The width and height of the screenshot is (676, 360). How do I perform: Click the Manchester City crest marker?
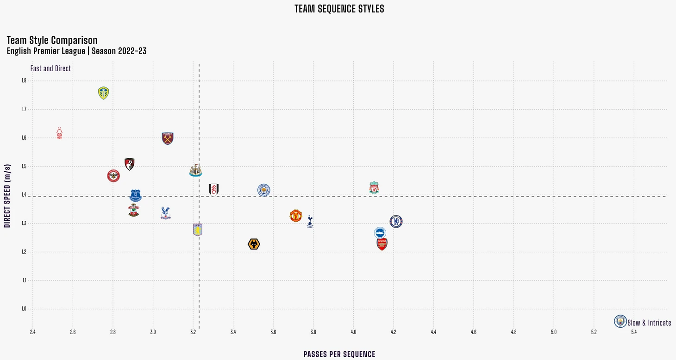pyautogui.click(x=620, y=321)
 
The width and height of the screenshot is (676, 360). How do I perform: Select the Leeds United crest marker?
pyautogui.click(x=104, y=93)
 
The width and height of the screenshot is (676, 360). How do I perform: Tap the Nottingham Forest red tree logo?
pyautogui.click(x=59, y=133)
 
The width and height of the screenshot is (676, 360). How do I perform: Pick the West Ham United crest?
pyautogui.click(x=168, y=138)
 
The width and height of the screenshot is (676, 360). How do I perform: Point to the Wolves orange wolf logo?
pyautogui.click(x=254, y=244)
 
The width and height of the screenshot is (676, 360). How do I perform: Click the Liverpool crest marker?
pyautogui.click(x=374, y=187)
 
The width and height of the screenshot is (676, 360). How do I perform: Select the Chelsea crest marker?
pyautogui.click(x=396, y=221)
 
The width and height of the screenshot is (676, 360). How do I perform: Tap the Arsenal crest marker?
pyautogui.click(x=382, y=244)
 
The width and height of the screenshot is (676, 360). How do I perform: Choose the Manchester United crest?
pyautogui.click(x=296, y=216)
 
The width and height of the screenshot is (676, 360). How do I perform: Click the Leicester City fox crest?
pyautogui.click(x=263, y=190)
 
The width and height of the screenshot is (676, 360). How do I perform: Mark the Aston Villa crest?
pyautogui.click(x=198, y=230)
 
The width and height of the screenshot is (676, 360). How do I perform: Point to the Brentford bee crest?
pyautogui.click(x=113, y=176)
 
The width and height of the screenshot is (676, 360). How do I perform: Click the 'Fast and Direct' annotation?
pyautogui.click(x=50, y=68)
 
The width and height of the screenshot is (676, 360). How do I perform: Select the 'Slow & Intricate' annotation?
pyautogui.click(x=649, y=323)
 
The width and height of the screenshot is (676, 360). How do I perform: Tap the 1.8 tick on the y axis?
pyautogui.click(x=24, y=81)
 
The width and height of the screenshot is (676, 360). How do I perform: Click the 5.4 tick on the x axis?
pyautogui.click(x=634, y=332)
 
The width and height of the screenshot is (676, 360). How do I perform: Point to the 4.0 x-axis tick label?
pyautogui.click(x=353, y=332)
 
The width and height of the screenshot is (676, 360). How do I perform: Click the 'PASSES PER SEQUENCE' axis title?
pyautogui.click(x=339, y=354)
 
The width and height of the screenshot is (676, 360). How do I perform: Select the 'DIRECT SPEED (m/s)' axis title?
pyautogui.click(x=7, y=196)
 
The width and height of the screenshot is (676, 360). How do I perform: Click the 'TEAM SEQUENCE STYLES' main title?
pyautogui.click(x=339, y=9)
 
